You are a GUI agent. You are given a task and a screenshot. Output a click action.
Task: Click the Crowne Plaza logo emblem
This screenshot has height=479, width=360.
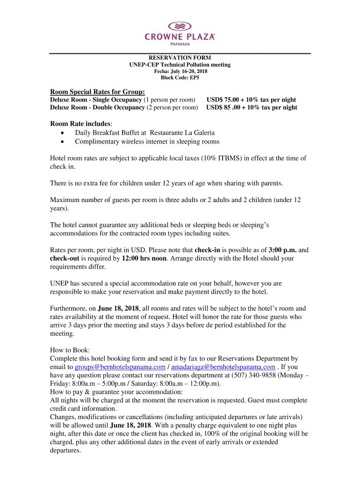(180, 26)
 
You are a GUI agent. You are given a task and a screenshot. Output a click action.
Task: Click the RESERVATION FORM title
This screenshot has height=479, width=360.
(180, 58)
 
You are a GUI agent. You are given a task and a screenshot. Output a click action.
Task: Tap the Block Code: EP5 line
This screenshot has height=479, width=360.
(180, 78)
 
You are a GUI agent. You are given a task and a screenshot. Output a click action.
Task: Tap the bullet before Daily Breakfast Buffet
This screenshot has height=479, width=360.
(63, 133)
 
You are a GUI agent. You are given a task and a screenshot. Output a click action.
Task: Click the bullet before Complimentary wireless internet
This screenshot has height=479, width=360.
(63, 142)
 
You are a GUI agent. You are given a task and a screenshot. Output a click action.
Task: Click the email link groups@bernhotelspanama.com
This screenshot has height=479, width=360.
(120, 367)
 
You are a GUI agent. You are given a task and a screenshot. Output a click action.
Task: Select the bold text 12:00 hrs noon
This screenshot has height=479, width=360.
(143, 258)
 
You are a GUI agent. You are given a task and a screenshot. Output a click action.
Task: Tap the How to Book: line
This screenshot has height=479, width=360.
(70, 350)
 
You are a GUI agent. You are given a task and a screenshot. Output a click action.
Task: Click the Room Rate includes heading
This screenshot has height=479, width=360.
(80, 123)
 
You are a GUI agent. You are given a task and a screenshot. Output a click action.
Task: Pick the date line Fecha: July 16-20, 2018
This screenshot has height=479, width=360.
(180, 71)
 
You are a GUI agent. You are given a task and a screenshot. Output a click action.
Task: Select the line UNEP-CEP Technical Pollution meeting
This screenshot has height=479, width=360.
(180, 65)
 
